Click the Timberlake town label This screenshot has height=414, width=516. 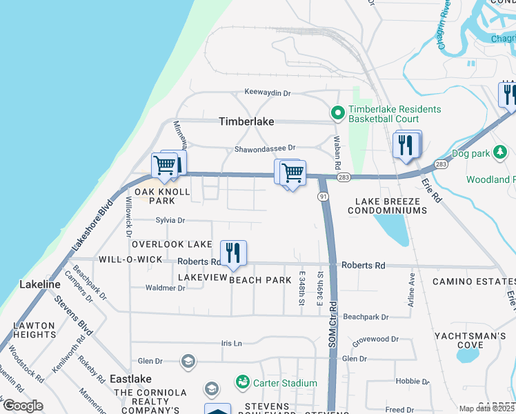coord(246,121)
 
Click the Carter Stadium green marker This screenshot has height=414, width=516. coord(242,382)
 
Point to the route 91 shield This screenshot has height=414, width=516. coord(323,197)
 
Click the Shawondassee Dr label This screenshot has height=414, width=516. coord(264,148)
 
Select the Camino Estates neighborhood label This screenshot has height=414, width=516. coord(473,282)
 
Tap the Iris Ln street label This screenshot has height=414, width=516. coord(232,343)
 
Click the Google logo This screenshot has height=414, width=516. coord(23,406)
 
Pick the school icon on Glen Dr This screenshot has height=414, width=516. coord(188,361)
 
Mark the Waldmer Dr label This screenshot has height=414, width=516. coord(165,288)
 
